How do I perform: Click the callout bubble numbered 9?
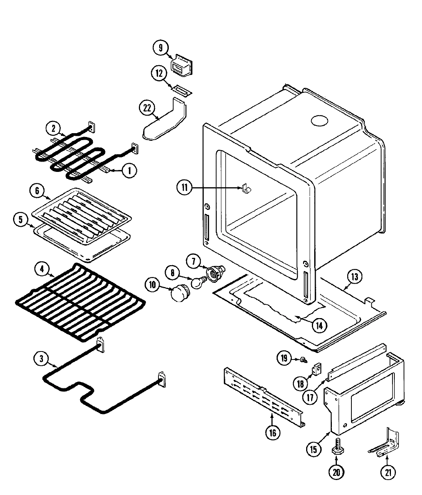[x=160, y=48]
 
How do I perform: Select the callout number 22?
[x=146, y=109]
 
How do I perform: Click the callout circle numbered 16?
[x=272, y=433]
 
